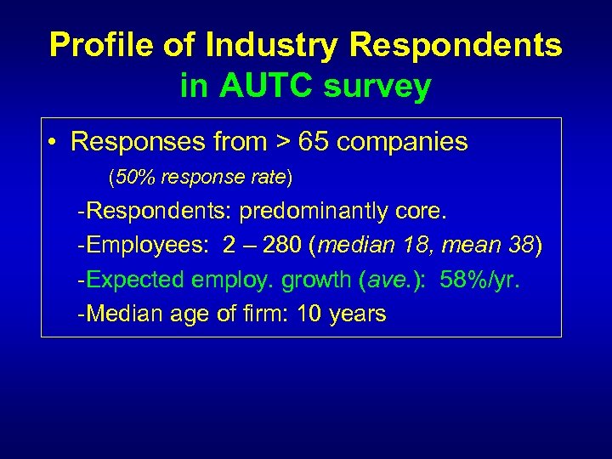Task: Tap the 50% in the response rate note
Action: [x=131, y=178]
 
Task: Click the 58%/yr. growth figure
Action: [x=479, y=280]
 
